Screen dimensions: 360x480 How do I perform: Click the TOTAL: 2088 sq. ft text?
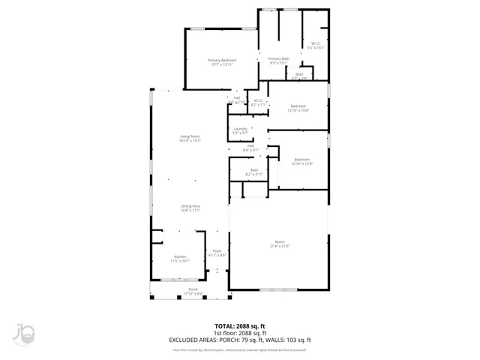point(240,326)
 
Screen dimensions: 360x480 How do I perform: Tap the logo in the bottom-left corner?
point(23,335)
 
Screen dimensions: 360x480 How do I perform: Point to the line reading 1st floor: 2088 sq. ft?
point(240,333)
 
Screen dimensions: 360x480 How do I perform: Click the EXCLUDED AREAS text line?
point(240,340)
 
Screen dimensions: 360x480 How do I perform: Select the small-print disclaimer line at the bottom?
point(240,349)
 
